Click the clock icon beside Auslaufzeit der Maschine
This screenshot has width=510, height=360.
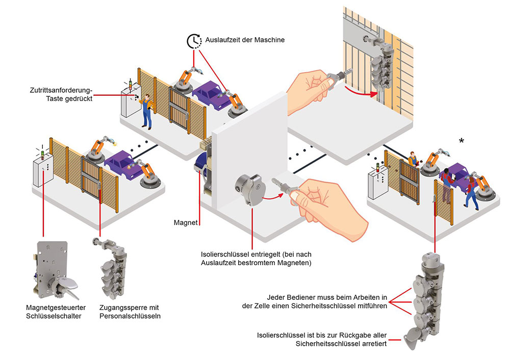[x=194, y=40]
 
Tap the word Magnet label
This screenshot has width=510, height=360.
[x=184, y=222]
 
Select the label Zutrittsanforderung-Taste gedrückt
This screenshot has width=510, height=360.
[x=61, y=94]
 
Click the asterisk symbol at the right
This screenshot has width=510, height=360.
[x=462, y=141]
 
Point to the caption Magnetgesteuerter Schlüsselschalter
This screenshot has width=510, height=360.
[x=56, y=311]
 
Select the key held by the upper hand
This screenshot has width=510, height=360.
[x=339, y=77]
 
